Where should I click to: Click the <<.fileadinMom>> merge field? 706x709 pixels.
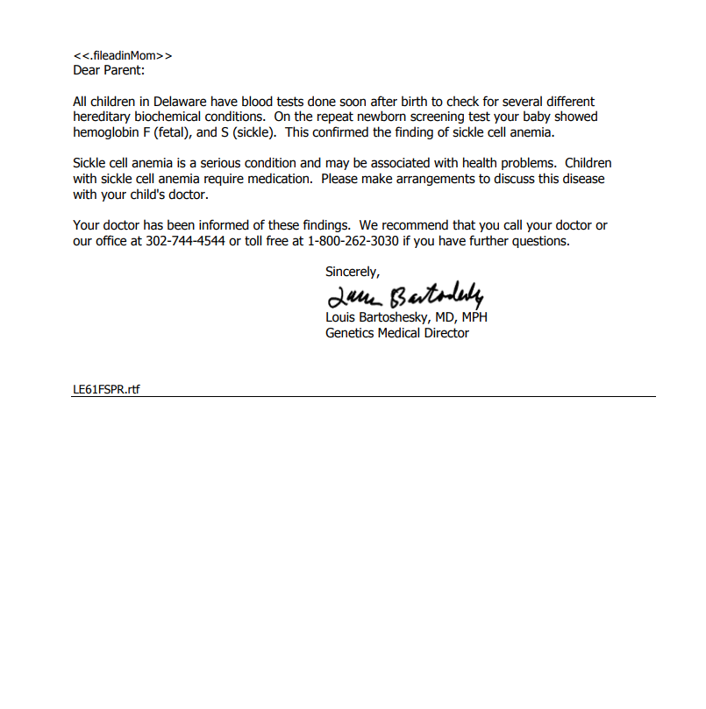(x=123, y=56)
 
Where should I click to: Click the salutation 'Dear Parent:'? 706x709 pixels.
(x=109, y=70)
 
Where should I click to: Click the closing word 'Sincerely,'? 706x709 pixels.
(x=353, y=272)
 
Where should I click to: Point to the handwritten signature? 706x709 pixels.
(x=403, y=295)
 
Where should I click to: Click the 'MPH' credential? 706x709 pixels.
(x=474, y=317)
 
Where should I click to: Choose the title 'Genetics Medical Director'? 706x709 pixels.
(x=397, y=333)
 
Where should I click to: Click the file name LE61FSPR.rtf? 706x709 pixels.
(x=106, y=390)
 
